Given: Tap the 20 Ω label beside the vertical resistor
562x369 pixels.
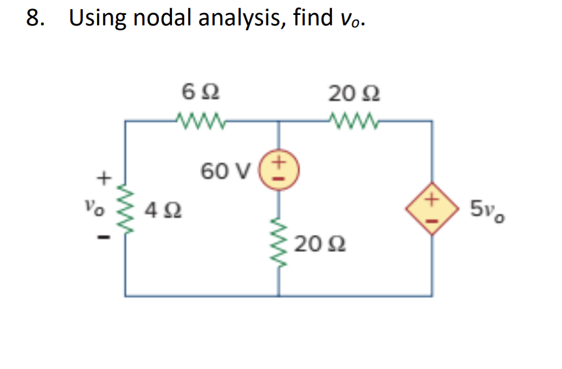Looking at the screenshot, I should click(x=319, y=245).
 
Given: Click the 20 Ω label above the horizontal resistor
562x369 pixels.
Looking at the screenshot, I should click(x=354, y=93).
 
